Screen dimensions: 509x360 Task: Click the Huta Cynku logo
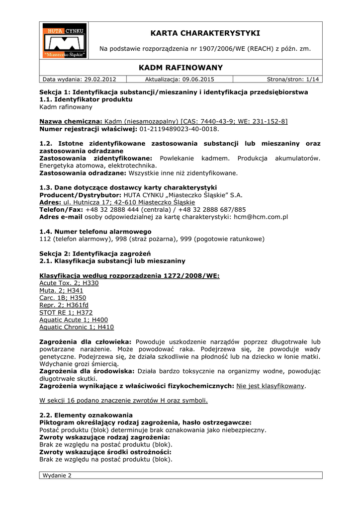tap(64, 40)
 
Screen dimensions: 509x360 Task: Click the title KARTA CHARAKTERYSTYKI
tap(205, 33)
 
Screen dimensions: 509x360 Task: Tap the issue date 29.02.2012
tap(99, 79)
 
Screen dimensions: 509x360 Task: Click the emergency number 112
tap(45, 239)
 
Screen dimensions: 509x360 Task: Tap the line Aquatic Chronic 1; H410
tap(77, 328)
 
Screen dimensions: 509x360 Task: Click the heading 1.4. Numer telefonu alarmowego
tap(95, 232)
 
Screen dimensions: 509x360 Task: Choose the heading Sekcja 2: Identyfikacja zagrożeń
tap(95, 254)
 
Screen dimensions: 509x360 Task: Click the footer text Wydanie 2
tap(57, 475)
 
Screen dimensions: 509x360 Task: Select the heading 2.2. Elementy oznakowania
tap(86, 415)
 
